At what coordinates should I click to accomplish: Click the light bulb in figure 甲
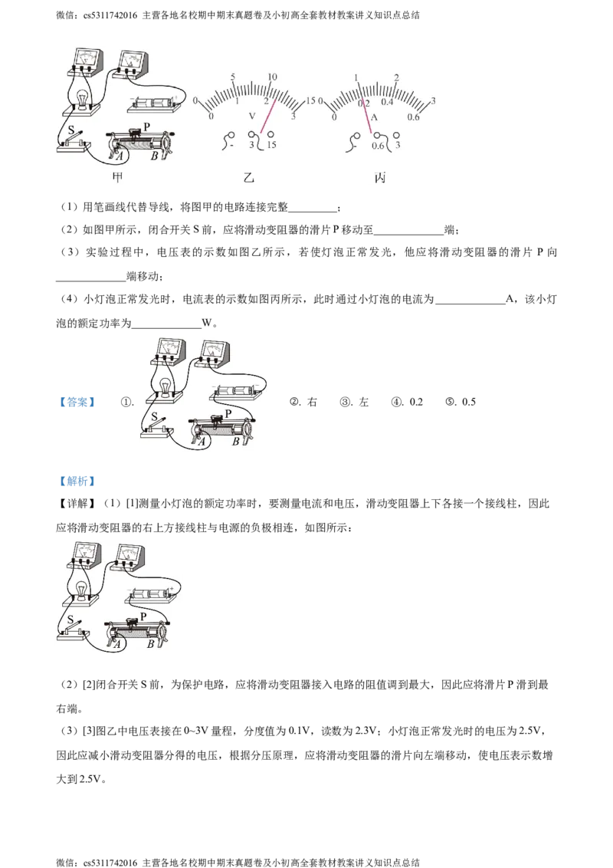83,98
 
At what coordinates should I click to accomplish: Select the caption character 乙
247,178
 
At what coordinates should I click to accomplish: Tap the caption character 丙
380,178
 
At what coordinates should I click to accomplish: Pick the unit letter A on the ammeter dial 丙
375,118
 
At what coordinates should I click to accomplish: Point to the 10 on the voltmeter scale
271,77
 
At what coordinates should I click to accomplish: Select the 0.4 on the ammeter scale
388,103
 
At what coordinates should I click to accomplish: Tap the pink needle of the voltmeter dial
267,115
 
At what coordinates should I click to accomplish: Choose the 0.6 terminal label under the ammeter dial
378,146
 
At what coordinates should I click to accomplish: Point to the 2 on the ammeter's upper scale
396,77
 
